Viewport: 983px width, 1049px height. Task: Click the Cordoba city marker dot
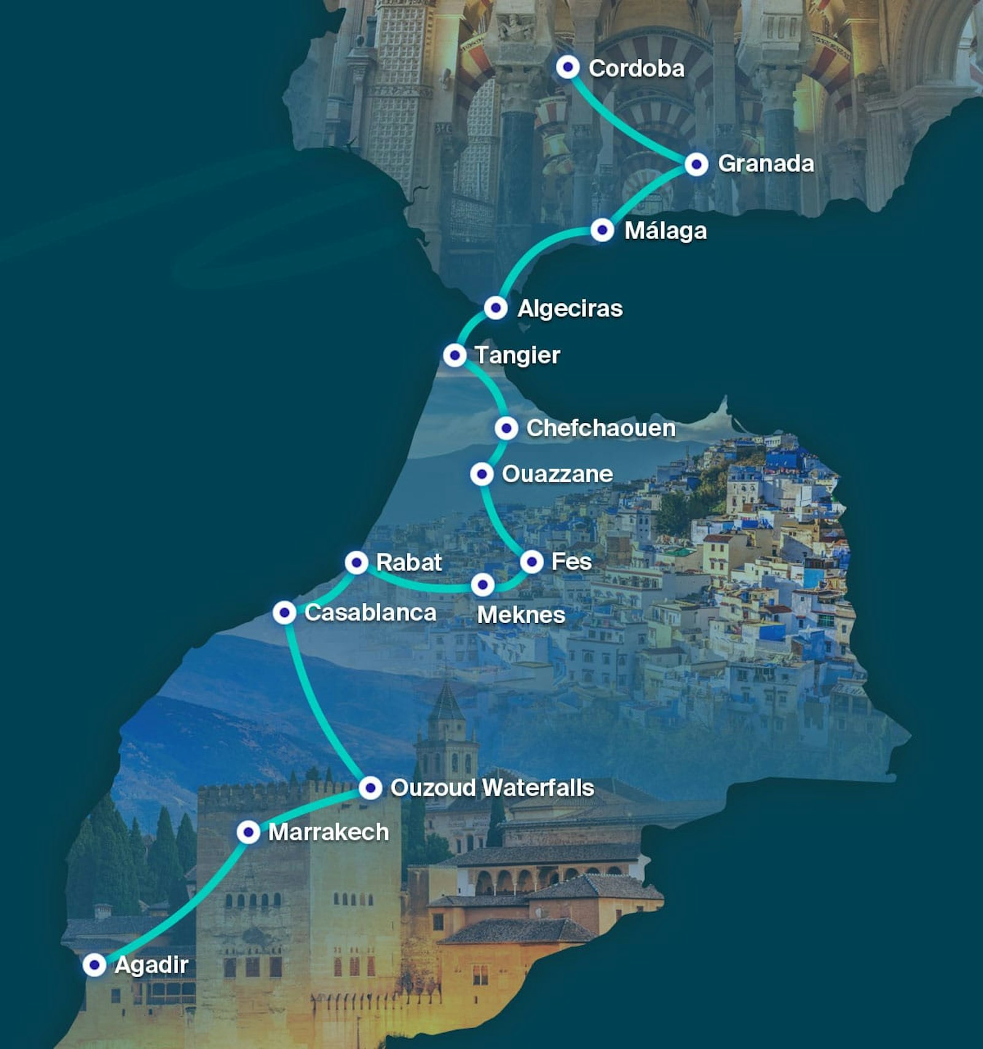point(568,66)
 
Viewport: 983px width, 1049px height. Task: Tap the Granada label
point(766,163)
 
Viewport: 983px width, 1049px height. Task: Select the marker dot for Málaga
point(602,230)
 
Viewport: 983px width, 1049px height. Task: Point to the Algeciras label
point(570,308)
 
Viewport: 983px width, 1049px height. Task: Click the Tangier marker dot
point(455,355)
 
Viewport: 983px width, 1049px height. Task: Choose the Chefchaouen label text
point(600,428)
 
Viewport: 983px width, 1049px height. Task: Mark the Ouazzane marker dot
point(482,474)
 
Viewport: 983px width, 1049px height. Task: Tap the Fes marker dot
point(532,561)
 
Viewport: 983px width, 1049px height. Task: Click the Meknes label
point(521,615)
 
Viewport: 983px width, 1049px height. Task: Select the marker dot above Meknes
point(483,584)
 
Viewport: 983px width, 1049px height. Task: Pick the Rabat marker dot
point(356,562)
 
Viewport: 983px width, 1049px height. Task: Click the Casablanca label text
point(370,612)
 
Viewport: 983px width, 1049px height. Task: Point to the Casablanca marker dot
point(284,612)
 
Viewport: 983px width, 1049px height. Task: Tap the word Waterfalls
point(538,787)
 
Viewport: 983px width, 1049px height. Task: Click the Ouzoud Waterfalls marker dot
point(370,787)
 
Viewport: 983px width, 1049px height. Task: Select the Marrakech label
point(328,831)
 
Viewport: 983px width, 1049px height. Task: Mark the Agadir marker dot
point(95,964)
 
